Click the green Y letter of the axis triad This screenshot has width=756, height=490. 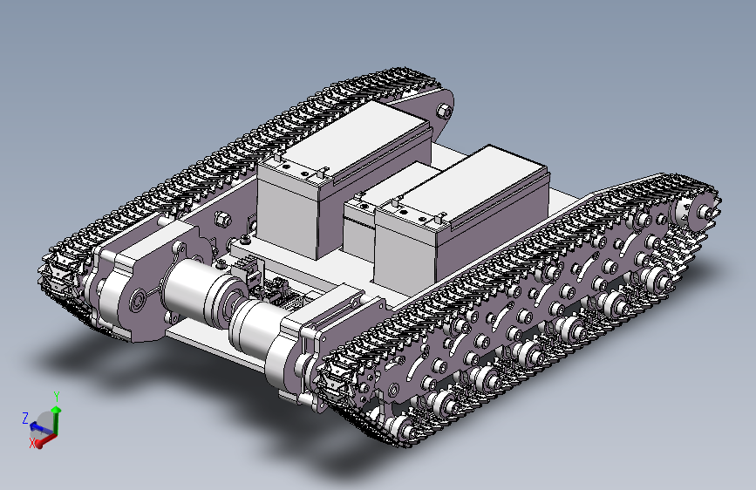[57, 397]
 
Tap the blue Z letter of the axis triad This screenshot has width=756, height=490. [25, 418]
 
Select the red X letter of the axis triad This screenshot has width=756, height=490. [32, 443]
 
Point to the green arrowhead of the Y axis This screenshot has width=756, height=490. [57, 410]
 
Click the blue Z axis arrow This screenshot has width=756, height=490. [40, 428]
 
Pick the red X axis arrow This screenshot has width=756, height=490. [46, 439]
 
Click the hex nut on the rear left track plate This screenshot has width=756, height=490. [443, 111]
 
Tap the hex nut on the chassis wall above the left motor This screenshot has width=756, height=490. [222, 220]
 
